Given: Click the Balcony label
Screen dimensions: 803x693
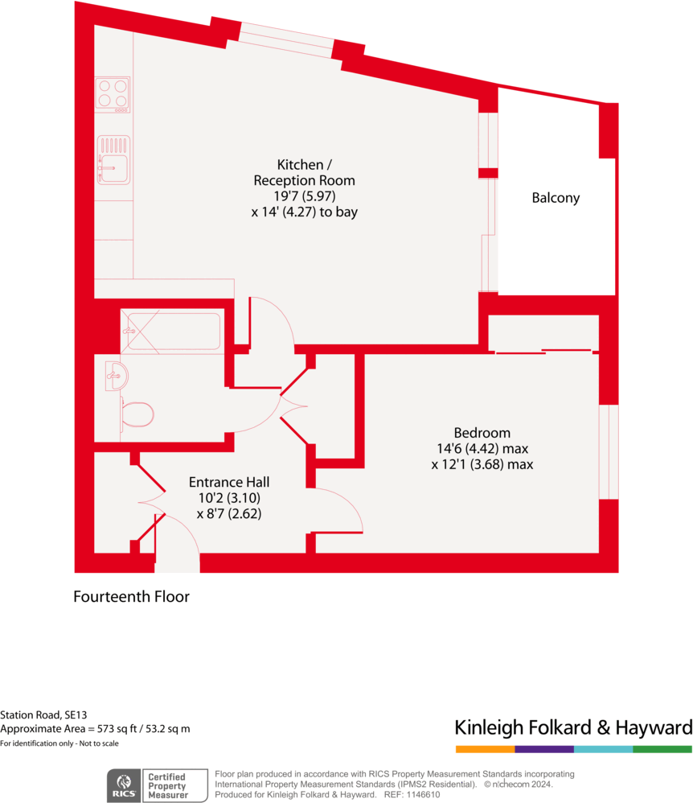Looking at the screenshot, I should coord(556,198).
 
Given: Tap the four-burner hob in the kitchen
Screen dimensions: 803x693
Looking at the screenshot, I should coord(113,94).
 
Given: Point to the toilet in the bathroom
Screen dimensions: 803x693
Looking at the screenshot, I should coord(137,414).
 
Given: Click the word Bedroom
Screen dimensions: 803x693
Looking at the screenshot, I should coord(482,433).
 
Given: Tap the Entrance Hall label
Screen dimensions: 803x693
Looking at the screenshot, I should coord(229,482).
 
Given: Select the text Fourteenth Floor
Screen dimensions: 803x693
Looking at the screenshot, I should coord(132,597).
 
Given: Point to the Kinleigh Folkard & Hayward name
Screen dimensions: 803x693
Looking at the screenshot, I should coord(573,728).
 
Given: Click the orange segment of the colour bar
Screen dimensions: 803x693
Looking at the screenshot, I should coord(485,749).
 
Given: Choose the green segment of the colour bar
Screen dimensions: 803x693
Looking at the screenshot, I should coord(662,749).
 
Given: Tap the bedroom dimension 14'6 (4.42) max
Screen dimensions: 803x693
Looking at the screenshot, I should coord(482,449).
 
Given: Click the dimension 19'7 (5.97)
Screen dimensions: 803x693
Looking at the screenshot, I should coord(304,196).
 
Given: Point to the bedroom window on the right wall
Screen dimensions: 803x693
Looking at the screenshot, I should coord(609,451).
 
